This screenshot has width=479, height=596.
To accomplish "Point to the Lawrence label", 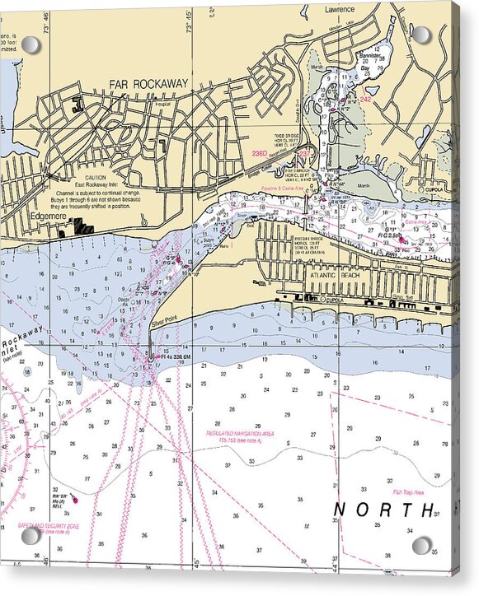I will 339,9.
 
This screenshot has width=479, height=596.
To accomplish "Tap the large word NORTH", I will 383,510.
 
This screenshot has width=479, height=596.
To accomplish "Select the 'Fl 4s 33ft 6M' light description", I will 172,356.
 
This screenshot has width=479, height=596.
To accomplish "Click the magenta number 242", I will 366,99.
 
